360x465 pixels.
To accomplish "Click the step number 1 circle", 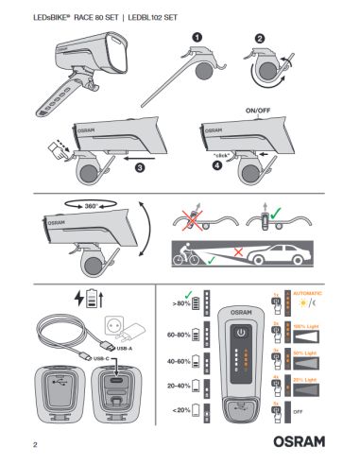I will tap(198, 35).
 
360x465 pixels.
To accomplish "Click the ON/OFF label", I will tap(259, 110).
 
